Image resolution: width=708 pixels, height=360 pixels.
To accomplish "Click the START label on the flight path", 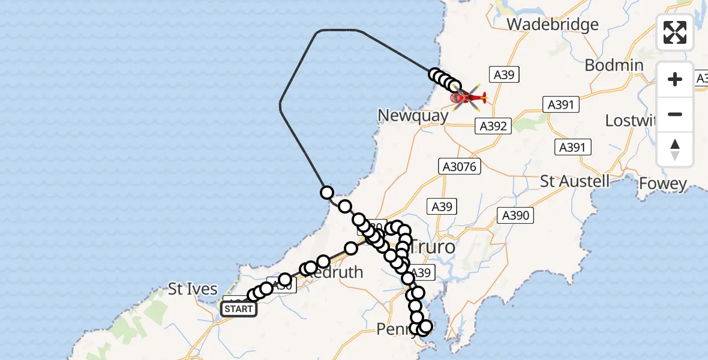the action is (239, 309).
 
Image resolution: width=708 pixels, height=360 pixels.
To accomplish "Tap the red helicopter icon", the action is (467, 97).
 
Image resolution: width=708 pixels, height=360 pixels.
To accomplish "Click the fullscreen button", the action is (675, 32).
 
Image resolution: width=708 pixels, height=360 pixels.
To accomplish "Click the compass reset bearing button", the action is (675, 149).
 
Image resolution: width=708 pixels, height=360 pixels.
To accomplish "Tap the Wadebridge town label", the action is (553, 25).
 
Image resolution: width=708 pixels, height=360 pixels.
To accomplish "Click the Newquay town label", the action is (413, 116).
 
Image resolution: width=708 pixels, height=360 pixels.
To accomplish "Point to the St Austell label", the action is (574, 181).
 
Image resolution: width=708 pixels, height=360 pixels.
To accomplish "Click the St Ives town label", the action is (192, 289).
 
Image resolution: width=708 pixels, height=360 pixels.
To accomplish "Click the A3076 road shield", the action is (460, 166).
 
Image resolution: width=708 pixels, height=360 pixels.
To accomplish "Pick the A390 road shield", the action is (515, 215).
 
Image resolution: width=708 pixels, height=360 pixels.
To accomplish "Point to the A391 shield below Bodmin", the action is (561, 104).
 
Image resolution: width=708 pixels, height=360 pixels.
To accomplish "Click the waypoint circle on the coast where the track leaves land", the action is (327, 193).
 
